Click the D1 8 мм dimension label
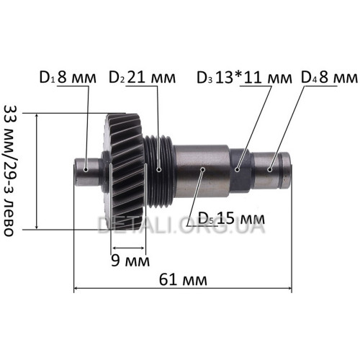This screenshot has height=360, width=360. [68, 77]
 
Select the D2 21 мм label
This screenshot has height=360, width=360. [143, 77]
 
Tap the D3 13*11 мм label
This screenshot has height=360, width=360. [244, 78]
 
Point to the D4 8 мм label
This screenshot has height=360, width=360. [330, 77]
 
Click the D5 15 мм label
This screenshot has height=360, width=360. [232, 218]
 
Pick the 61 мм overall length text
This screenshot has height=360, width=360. [183, 279]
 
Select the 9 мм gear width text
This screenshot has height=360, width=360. [130, 261]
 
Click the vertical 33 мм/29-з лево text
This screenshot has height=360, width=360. [9, 171]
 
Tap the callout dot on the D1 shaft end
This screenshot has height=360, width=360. [86, 170]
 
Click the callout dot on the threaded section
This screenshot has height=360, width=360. [158, 170]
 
